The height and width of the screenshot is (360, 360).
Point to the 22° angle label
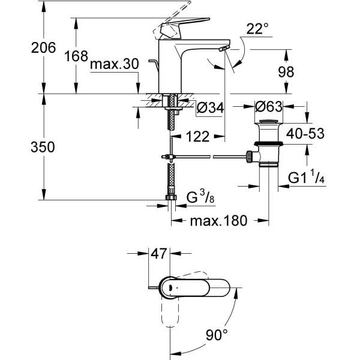[257, 29]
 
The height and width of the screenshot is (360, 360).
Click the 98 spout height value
[286, 71]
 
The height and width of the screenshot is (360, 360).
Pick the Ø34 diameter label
[210, 108]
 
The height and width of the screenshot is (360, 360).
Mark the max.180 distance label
[218, 221]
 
